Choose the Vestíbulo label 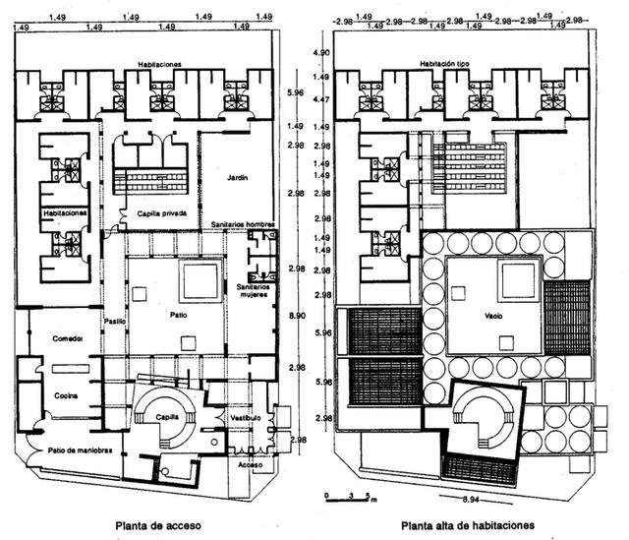[x=245, y=417]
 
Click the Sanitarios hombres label [x=242, y=225]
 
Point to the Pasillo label [x=115, y=322]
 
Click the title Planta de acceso [x=158, y=525]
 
